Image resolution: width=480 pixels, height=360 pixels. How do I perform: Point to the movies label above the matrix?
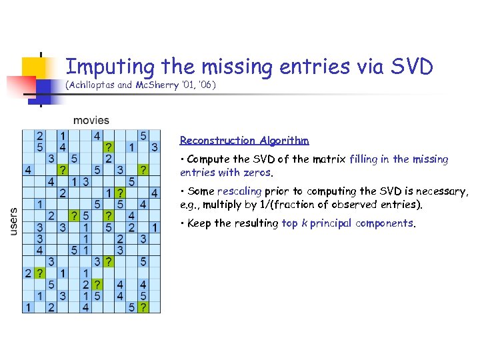[x=91, y=120]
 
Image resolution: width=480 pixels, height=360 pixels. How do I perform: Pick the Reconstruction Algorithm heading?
[x=244, y=141]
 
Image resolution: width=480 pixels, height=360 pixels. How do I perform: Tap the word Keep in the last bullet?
[x=199, y=223]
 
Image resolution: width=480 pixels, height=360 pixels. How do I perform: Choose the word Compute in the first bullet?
[x=209, y=159]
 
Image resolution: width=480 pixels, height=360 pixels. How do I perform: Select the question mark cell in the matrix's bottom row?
[x=144, y=307]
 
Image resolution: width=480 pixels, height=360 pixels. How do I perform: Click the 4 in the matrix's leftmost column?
[x=27, y=170]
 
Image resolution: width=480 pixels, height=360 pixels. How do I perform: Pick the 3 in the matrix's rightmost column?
[x=155, y=147]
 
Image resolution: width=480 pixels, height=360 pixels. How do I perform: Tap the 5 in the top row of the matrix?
[x=143, y=135]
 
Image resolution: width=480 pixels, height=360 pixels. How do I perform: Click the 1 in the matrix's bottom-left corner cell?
[x=27, y=307]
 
